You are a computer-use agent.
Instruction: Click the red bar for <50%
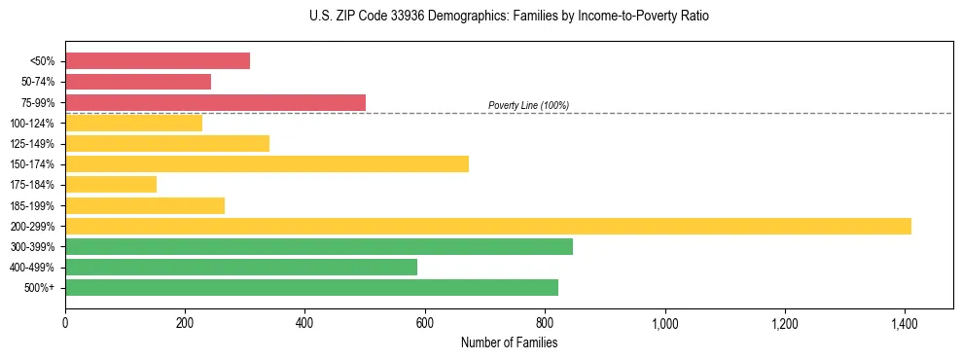click(158, 61)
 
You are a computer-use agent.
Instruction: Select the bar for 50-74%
click(138, 82)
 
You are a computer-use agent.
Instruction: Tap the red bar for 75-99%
click(215, 102)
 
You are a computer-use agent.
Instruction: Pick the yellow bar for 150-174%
click(267, 163)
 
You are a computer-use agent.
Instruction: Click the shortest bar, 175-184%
click(111, 184)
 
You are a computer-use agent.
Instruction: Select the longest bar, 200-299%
click(488, 226)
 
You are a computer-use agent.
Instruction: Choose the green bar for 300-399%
click(319, 246)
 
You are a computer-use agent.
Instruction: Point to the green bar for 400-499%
click(241, 267)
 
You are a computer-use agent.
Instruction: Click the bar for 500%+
click(311, 287)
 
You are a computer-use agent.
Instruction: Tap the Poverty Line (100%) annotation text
click(528, 105)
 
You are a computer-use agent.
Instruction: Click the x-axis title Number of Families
click(509, 342)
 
